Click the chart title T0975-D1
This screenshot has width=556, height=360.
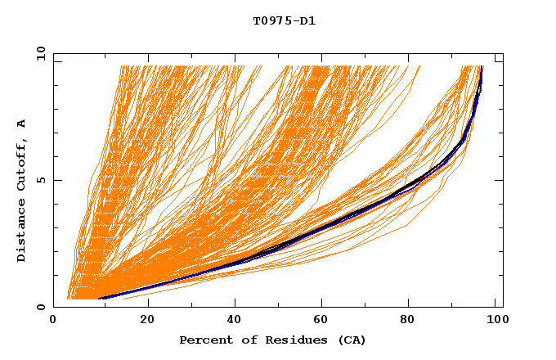pos(284,21)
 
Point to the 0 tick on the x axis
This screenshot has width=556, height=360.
pos(53,321)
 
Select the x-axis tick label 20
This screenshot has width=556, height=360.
pos(147,321)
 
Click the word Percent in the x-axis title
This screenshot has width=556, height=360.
pos(203,340)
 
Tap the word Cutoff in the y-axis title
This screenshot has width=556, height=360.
pos(21,161)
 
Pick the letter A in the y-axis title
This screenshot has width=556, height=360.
pos(21,124)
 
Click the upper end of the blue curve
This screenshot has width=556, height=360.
pos(482,67)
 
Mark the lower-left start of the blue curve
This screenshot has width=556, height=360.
pos(98,299)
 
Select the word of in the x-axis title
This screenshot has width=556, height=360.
pos(245,340)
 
